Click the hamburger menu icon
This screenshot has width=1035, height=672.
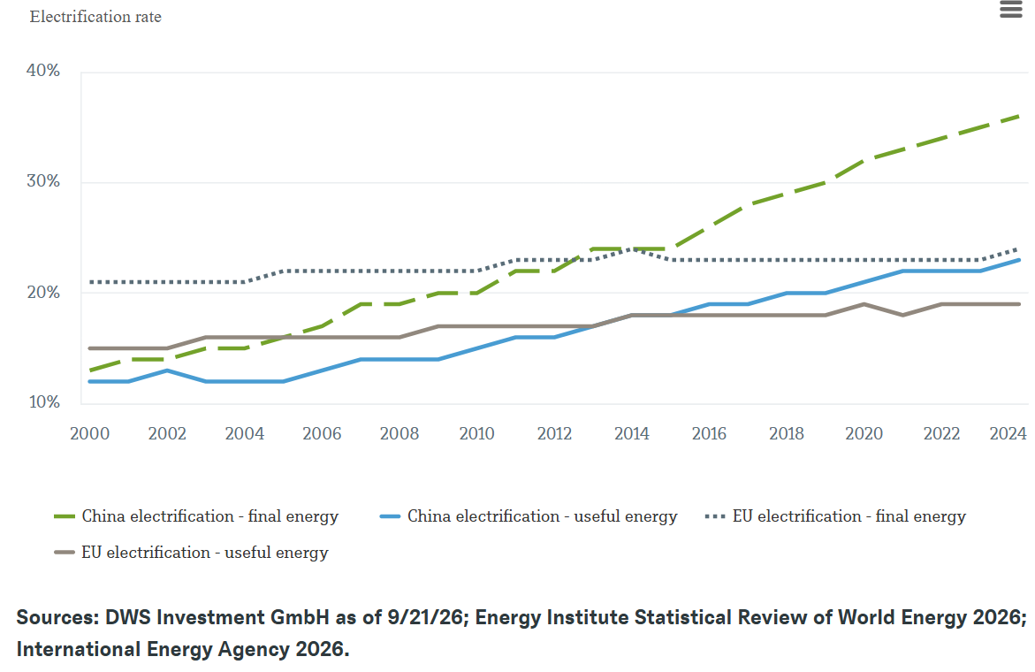(1010, 9)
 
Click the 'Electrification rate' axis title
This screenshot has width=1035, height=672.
(95, 17)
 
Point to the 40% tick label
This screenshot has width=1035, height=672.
(43, 71)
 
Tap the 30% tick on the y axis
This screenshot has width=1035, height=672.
(43, 181)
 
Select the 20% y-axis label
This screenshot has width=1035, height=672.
(43, 292)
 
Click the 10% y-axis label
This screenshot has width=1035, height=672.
(43, 402)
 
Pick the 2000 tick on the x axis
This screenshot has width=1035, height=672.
(90, 433)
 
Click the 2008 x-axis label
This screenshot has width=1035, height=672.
(400, 433)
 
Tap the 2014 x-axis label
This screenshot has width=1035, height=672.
(632, 433)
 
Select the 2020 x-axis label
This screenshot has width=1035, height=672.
(864, 433)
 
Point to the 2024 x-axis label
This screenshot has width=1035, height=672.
(1008, 433)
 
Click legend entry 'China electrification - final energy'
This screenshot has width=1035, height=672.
(196, 516)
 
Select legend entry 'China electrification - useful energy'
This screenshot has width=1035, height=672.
(529, 516)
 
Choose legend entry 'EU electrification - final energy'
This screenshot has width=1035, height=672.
(835, 516)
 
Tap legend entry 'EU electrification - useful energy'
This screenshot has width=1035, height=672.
(192, 553)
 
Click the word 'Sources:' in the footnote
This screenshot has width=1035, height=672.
(57, 617)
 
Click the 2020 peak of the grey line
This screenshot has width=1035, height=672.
(864, 304)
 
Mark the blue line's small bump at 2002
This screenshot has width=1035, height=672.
(167, 370)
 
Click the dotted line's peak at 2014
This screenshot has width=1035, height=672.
(632, 249)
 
